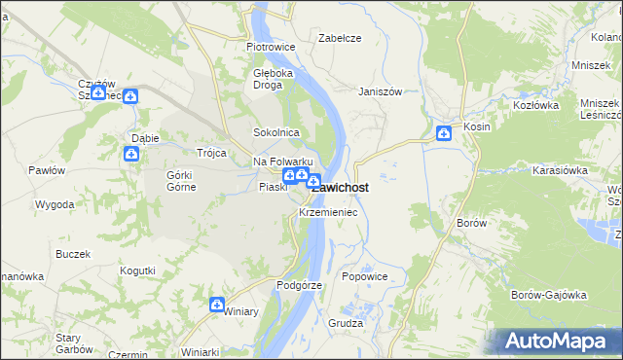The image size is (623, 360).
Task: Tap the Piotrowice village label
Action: coord(271,46)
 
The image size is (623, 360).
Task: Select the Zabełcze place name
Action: coord(341,38)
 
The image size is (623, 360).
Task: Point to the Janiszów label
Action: coord(380,91)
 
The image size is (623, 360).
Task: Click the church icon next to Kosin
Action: coord(444,133)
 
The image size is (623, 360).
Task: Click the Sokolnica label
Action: coord(275,132)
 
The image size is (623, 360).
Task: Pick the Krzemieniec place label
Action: coord(328,211)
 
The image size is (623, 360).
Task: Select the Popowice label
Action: coord(365,276)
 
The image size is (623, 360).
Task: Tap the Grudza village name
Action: coord(346,323)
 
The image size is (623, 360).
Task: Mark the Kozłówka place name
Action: coord(534,104)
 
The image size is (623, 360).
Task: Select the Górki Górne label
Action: coord(181,181)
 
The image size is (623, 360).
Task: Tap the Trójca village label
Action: coord(211,153)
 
